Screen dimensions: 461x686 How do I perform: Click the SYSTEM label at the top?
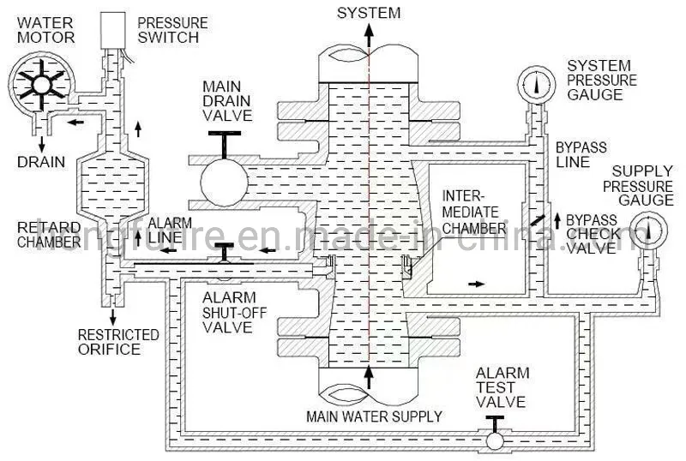coord(368,12)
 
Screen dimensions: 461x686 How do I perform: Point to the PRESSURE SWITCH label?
coord(173,30)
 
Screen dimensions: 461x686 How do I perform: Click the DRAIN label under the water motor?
coord(41,161)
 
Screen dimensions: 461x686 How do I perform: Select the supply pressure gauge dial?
coord(650,232)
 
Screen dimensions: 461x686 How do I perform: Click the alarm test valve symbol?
coord(494,440)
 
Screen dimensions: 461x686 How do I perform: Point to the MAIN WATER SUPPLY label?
coord(375,416)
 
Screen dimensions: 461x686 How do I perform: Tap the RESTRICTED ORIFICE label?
coord(118,341)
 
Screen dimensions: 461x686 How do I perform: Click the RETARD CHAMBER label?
coord(48,234)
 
